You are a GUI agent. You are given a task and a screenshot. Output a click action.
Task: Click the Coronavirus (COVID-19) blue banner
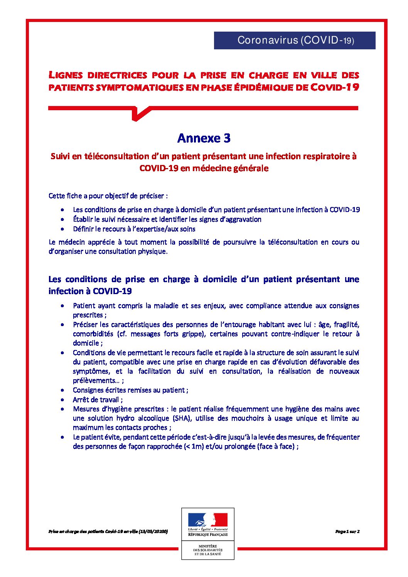pyautogui.click(x=295, y=40)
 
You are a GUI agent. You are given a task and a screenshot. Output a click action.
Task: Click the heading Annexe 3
pyautogui.click(x=204, y=138)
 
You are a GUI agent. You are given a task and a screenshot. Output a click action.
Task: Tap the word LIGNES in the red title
pyautogui.click(x=65, y=75)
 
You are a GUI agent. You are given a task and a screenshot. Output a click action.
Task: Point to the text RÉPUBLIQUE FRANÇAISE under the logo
pyautogui.click(x=207, y=535)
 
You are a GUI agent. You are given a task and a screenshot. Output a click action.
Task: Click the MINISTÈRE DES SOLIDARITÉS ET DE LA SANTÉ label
pyautogui.click(x=207, y=550)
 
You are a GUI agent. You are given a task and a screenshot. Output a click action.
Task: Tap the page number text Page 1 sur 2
pyautogui.click(x=347, y=531)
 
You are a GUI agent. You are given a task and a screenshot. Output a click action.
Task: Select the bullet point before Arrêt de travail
pyautogui.click(x=62, y=400)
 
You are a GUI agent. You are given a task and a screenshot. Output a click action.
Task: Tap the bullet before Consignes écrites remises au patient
pyautogui.click(x=62, y=390)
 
